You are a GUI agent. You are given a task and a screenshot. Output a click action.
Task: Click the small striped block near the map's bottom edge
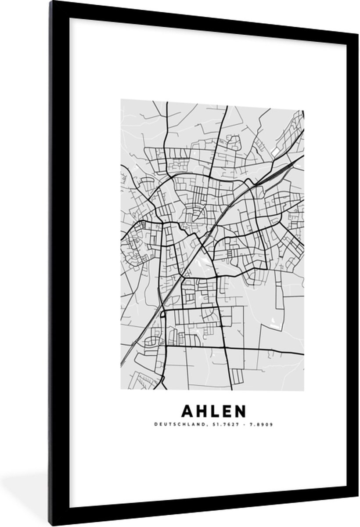point(237,375)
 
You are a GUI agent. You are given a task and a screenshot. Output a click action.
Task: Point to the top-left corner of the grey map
point(121,100)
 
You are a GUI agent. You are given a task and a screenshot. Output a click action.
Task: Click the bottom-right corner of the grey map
point(304,390)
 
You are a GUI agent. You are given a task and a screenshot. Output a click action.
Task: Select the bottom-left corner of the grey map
point(121,390)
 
